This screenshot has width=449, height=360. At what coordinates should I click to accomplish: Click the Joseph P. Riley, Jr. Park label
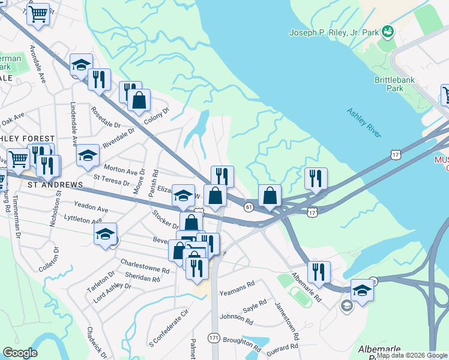[x=333, y=32]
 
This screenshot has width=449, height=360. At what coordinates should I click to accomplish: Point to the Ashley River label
[x=364, y=123]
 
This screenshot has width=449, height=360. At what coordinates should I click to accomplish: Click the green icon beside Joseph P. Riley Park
[x=388, y=30]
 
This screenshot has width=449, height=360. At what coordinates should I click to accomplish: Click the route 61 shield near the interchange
[x=249, y=206]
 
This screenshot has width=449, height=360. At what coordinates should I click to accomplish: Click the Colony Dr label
[x=157, y=116]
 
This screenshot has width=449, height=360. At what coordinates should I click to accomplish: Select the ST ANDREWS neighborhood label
[x=50, y=185]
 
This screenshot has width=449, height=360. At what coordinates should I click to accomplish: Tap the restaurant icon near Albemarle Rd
[x=319, y=272]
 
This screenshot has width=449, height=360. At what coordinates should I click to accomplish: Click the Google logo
[x=20, y=353]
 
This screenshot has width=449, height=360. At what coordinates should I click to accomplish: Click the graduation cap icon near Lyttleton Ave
[x=106, y=234]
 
